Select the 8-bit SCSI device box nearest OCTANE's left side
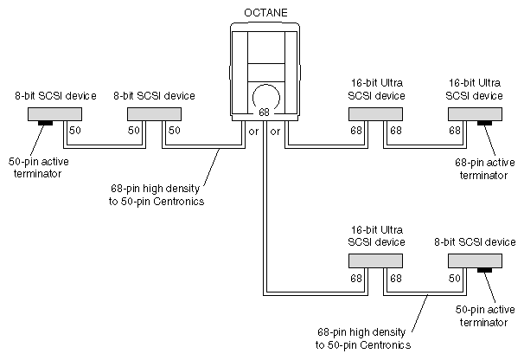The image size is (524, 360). pos(151,114)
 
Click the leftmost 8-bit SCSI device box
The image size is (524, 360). pos(52,114)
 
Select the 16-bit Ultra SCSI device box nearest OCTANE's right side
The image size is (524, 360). pos(374,114)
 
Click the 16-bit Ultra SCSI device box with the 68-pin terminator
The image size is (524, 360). pos(476,114)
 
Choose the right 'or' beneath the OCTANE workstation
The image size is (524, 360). pos(275,132)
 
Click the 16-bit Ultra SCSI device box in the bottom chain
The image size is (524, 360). pos(374,260)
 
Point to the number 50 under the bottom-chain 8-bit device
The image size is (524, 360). pos(454,279)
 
